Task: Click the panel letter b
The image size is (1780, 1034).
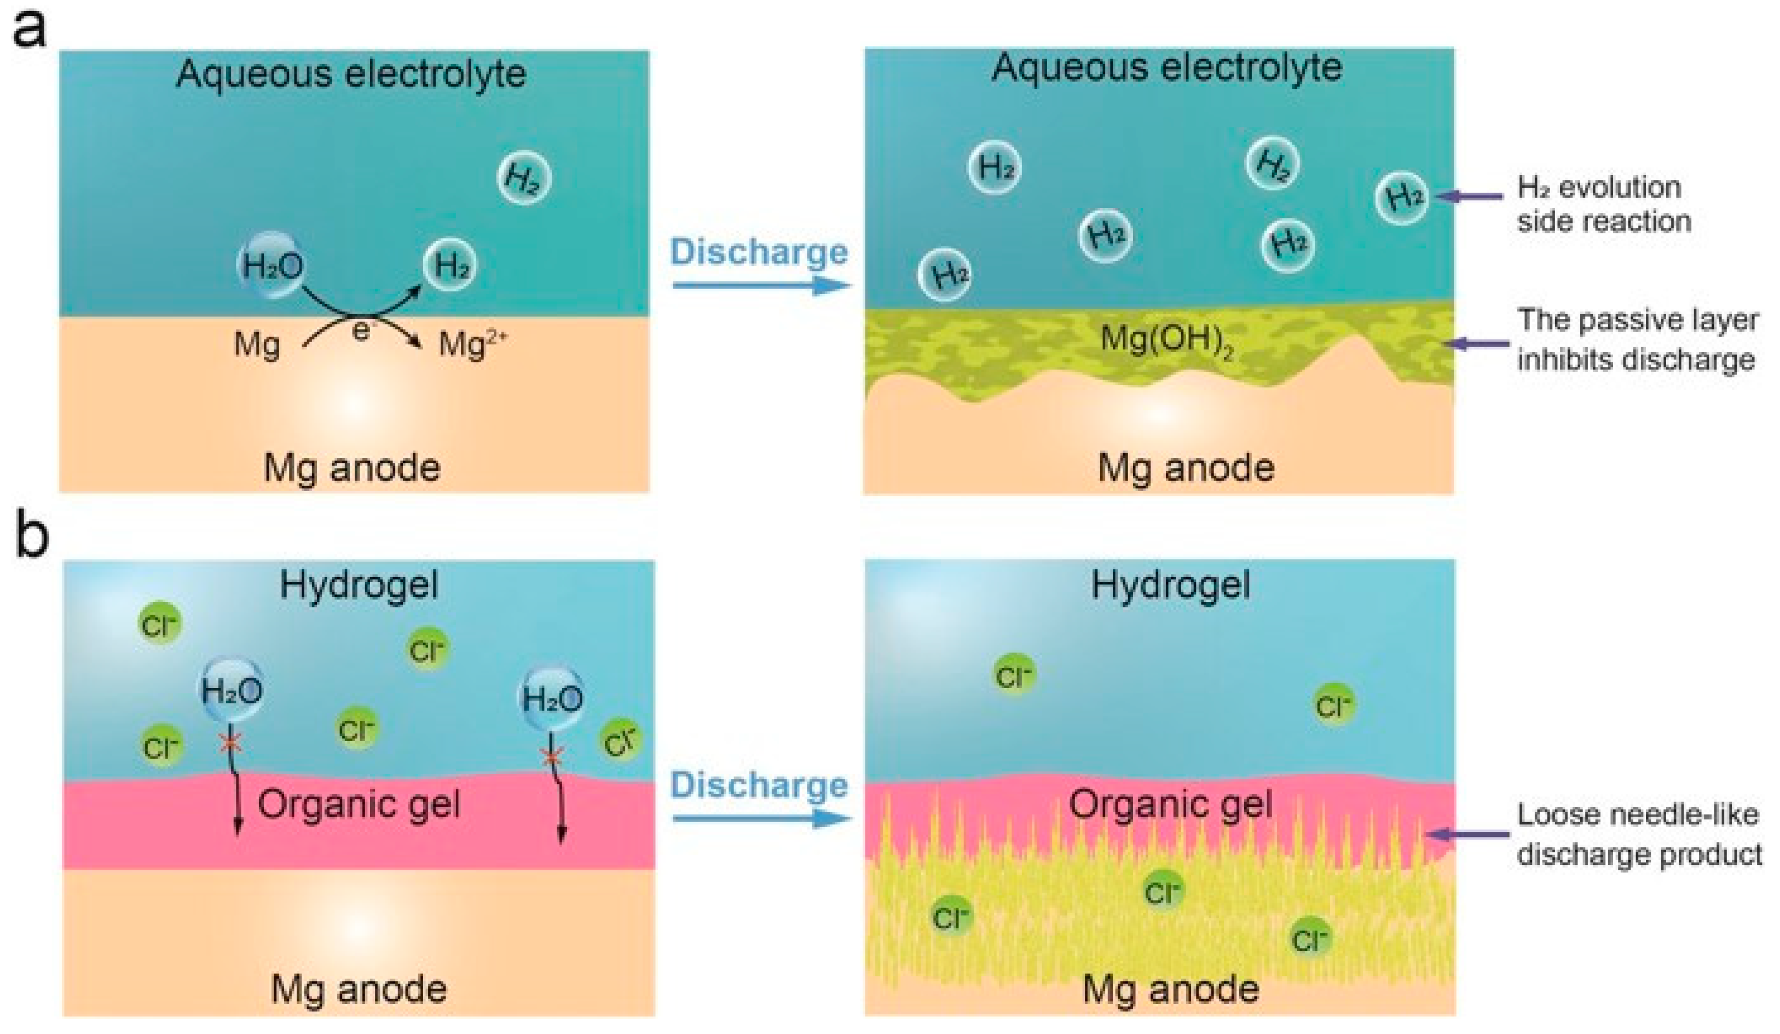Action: [31, 538]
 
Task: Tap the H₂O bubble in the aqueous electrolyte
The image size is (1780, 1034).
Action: [272, 265]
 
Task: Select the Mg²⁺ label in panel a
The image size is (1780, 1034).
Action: [472, 344]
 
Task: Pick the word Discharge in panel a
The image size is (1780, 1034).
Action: [759, 252]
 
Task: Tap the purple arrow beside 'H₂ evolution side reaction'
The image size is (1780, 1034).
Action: [1469, 197]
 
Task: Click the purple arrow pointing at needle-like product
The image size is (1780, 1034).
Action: [1466, 834]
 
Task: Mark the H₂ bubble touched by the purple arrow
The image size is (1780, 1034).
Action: [1401, 197]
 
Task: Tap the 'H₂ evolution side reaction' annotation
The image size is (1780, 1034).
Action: [1603, 205]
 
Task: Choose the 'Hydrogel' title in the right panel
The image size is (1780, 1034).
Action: [1170, 586]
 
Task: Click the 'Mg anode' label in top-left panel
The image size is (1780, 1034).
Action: [352, 467]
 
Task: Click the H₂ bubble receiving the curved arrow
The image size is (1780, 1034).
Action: [450, 265]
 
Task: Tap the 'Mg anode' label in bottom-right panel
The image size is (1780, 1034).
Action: [1170, 989]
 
